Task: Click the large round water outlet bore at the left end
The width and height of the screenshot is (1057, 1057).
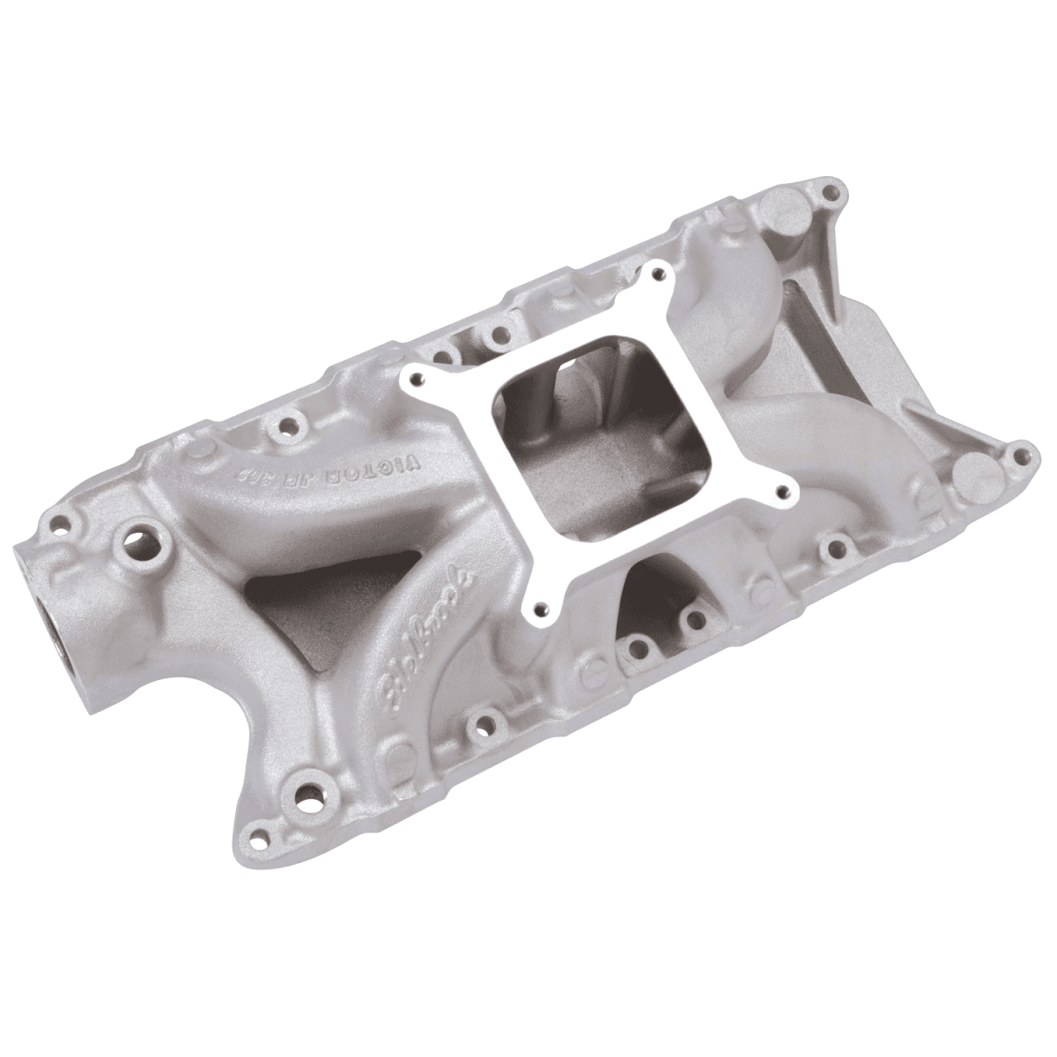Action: [48, 617]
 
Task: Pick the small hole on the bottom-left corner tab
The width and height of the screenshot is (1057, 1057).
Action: [261, 833]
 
